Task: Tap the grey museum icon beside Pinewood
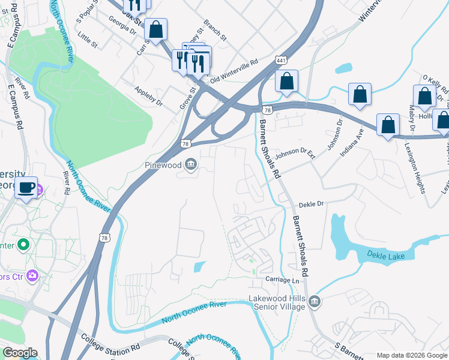tap(191, 164)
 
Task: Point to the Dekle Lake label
tap(390, 256)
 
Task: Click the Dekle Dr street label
tap(311, 204)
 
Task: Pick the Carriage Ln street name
tap(283, 281)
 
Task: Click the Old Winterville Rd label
tap(234, 71)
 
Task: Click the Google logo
tap(19, 353)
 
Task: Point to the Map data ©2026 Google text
tap(411, 355)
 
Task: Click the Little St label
tap(87, 41)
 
